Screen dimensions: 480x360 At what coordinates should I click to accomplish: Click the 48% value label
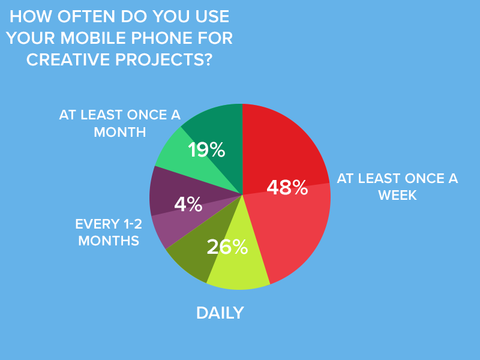tap(287, 187)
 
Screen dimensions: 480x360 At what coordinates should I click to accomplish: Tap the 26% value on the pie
tap(227, 247)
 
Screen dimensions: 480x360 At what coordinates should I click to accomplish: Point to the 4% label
tap(188, 204)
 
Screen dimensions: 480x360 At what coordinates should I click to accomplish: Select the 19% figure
tap(206, 149)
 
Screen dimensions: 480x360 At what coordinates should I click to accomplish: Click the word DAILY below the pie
tap(220, 313)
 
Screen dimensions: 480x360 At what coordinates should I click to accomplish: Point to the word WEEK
tap(397, 196)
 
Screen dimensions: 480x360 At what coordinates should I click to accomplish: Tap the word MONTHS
tap(109, 241)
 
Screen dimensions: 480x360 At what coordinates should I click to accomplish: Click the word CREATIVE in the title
tap(68, 59)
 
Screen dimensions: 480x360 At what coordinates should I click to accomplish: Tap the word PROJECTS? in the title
tap(164, 59)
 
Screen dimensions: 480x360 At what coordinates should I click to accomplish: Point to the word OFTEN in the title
tap(86, 17)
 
